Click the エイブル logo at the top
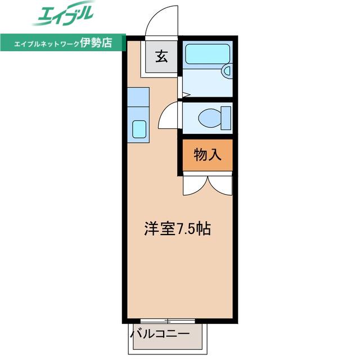63,13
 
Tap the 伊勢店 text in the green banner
96,43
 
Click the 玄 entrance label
161,56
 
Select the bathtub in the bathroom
208,54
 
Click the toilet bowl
210,118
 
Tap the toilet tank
226,118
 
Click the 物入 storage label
208,155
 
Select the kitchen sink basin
139,129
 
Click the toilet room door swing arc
164,111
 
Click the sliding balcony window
168,321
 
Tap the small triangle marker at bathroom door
186,94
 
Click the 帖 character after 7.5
204,229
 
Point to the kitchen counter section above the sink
138,97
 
